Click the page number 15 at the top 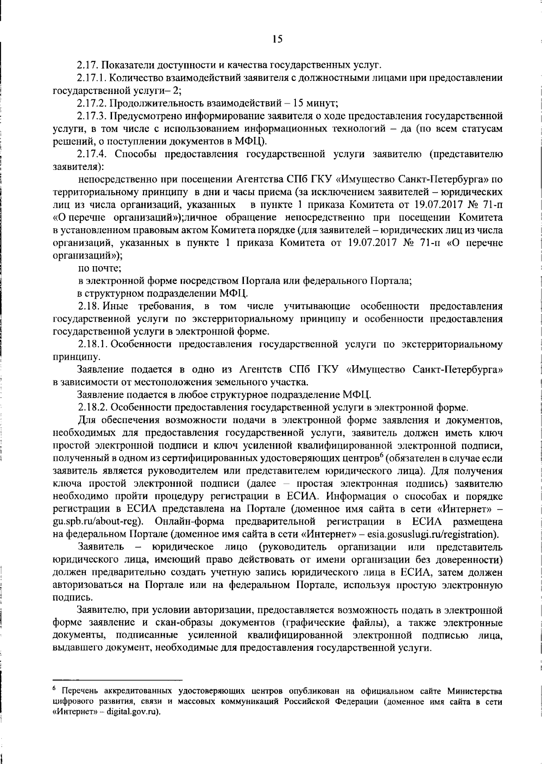coord(277,39)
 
